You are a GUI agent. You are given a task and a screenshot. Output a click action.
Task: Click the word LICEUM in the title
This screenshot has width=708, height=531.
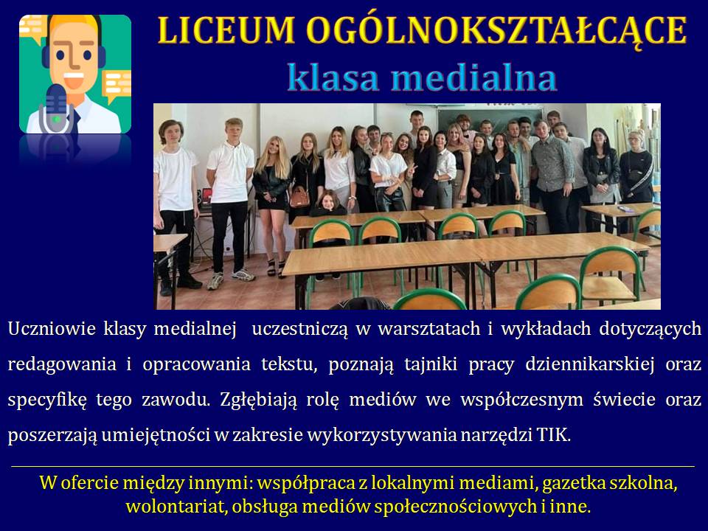[x=226, y=30]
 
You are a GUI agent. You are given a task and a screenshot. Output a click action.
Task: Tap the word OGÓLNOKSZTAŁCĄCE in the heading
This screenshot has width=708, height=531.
[x=496, y=32]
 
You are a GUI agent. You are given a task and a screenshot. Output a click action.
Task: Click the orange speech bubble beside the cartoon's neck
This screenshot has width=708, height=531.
[x=117, y=86]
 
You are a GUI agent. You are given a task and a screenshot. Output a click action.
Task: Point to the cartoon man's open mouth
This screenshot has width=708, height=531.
[x=74, y=80]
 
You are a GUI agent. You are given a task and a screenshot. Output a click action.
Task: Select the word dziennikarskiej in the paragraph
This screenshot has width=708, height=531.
[x=590, y=364]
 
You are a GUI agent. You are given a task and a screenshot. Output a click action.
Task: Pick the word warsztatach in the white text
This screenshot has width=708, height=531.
[x=429, y=329]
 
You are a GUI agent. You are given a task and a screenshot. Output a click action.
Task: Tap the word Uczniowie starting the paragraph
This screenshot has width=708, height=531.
[x=52, y=329]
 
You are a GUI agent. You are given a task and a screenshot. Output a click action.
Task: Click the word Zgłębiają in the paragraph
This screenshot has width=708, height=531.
[x=258, y=400]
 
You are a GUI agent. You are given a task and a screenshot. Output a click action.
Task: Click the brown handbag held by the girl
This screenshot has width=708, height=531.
[x=299, y=198]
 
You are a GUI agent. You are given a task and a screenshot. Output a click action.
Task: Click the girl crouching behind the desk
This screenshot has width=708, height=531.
[x=329, y=204]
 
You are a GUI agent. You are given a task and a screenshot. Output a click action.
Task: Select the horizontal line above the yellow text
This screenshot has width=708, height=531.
[x=353, y=466]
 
